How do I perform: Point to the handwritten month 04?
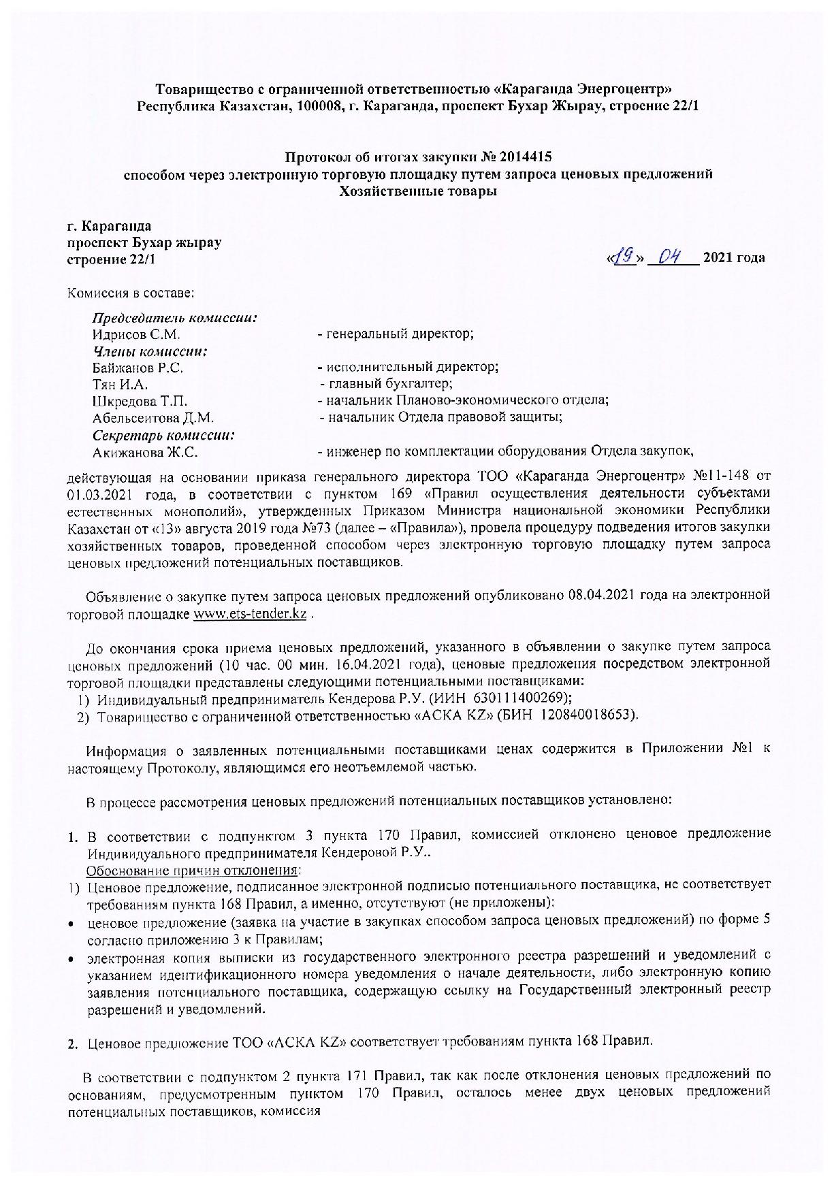(671, 257)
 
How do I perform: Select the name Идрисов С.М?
(136, 334)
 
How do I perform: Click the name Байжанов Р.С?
(138, 368)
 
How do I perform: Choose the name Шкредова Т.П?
(140, 401)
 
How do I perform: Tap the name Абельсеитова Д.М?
(153, 418)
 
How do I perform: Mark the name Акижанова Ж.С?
(146, 451)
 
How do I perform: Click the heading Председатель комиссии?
(175, 318)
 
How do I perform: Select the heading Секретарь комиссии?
(164, 435)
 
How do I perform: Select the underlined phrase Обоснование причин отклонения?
(193, 870)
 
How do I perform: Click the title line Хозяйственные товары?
(418, 191)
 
